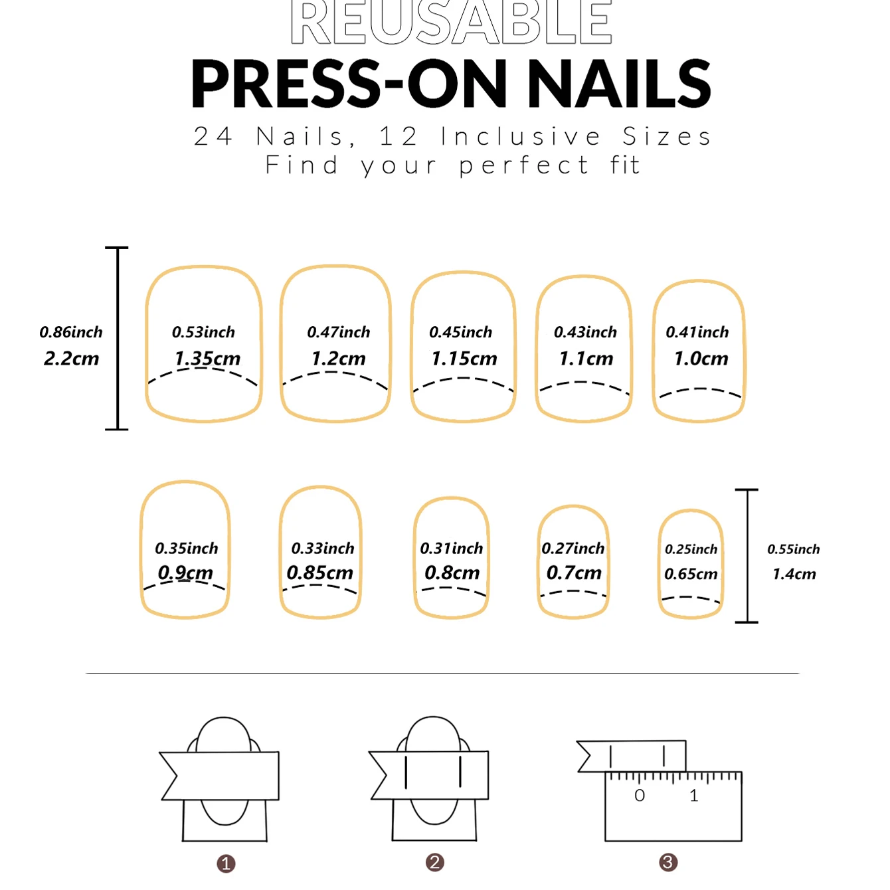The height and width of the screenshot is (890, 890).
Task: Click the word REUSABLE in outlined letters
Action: point(451,23)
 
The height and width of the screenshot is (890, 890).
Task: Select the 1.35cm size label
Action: point(207,359)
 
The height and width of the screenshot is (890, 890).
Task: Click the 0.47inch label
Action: point(339,332)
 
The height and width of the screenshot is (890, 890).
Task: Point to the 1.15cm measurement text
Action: point(464,359)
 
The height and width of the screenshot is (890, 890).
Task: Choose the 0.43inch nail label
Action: point(585,332)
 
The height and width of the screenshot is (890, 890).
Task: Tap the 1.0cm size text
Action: point(701,359)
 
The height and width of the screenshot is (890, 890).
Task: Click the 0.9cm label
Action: point(185,573)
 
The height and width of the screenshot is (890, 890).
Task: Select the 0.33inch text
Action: point(323,549)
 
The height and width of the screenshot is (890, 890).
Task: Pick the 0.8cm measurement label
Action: point(452,573)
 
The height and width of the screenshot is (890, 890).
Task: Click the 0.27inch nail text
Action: point(573,549)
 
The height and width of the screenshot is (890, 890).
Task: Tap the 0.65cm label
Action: point(691,574)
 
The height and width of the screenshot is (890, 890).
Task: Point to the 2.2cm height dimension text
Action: point(71,359)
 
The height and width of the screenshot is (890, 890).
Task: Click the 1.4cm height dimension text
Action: point(794,574)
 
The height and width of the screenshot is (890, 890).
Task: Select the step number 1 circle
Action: point(226,863)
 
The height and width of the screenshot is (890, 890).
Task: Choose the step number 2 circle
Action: point(435,863)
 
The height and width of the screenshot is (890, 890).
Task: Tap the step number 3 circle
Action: point(668,863)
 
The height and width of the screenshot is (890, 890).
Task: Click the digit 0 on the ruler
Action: point(640,796)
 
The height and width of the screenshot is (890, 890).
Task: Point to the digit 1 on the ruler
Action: point(694,796)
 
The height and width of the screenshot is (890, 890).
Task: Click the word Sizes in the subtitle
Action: point(667,137)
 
